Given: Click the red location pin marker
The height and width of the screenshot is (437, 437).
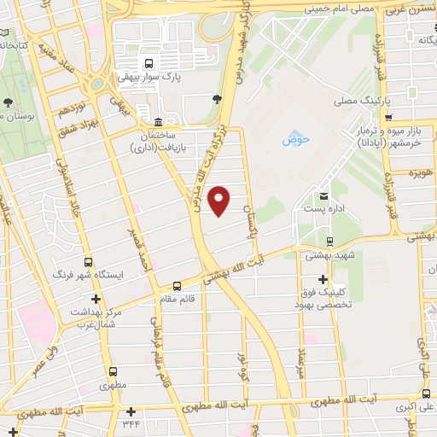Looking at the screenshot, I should tap(219, 200).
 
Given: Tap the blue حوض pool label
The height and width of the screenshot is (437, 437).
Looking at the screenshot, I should tap(294, 138).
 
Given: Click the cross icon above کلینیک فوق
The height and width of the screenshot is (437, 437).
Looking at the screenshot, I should tap(323, 279).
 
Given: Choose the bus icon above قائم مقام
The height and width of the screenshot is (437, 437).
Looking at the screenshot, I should tap(177, 286).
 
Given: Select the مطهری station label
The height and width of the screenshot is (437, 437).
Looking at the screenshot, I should tap(112, 385).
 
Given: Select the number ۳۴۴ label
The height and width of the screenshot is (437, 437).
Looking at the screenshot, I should tap(131, 424).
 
